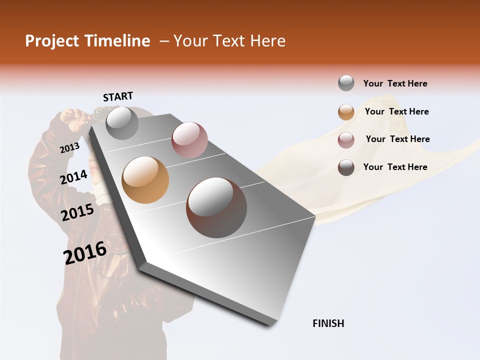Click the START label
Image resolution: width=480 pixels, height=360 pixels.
[x=118, y=96]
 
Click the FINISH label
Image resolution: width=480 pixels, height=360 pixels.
[x=328, y=323]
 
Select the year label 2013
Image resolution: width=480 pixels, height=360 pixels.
[x=70, y=147]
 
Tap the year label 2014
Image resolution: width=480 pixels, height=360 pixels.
[x=74, y=177]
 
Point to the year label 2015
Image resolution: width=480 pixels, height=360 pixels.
[x=77, y=212]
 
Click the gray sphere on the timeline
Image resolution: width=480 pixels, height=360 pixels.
[x=122, y=123]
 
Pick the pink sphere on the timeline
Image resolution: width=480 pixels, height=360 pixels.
[x=189, y=139]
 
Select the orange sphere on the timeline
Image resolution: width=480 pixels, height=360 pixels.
[x=145, y=180]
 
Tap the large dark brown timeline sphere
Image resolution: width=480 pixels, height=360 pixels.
[x=216, y=207]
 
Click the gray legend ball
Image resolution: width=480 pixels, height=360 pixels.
[x=346, y=83]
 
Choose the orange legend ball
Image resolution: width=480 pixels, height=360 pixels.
[x=346, y=112]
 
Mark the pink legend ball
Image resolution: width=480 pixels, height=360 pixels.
[x=346, y=140]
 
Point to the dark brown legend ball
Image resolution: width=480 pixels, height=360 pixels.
[x=346, y=167]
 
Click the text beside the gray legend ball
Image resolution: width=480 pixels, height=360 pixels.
[x=395, y=83]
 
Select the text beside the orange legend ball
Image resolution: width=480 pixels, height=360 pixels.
[x=396, y=111]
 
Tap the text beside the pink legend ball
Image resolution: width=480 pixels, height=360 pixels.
[x=397, y=139]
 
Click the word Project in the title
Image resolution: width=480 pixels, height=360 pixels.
[x=52, y=41]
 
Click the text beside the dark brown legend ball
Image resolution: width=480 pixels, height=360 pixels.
[x=395, y=167]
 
